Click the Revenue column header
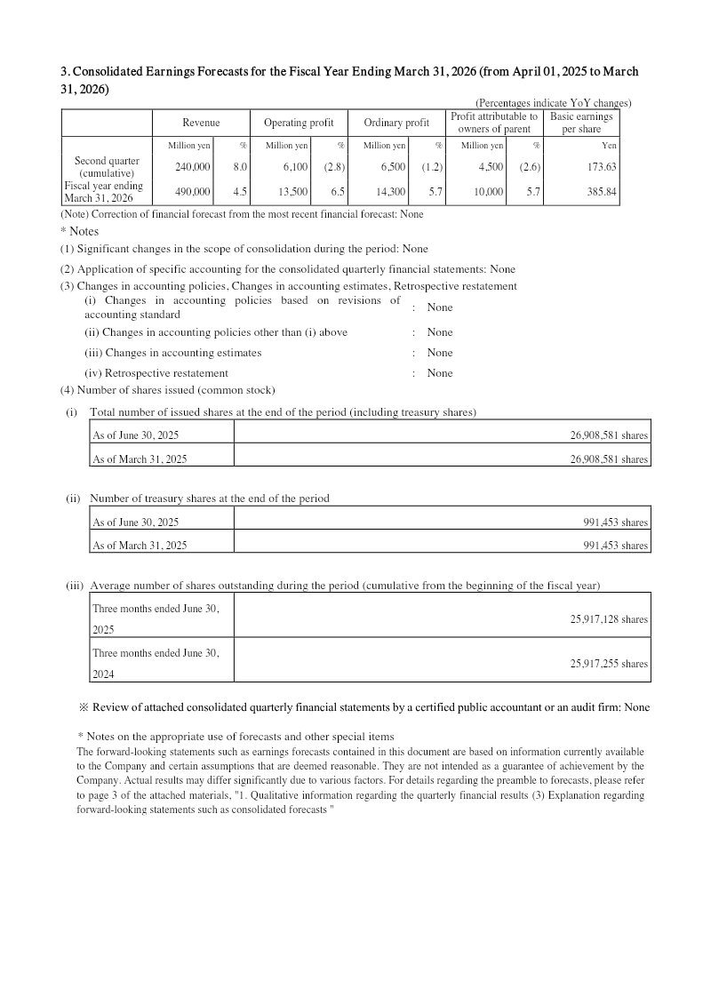click(x=201, y=123)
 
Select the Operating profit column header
click(x=299, y=123)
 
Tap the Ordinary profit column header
click(x=396, y=123)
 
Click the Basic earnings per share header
click(x=582, y=123)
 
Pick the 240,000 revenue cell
click(x=192, y=167)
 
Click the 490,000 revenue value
click(x=192, y=191)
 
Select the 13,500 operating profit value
click(x=293, y=191)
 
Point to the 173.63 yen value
click(x=602, y=167)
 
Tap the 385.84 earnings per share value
click(x=602, y=191)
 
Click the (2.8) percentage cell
click(x=334, y=167)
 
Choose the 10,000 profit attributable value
click(x=488, y=191)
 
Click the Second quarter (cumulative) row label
click(x=106, y=167)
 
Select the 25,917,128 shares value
click(x=609, y=619)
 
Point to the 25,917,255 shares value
click(x=609, y=664)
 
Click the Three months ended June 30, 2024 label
click(x=156, y=663)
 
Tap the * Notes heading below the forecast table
click(x=79, y=231)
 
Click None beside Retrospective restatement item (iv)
click(x=440, y=373)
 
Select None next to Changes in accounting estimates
click(x=440, y=353)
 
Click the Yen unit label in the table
click(x=609, y=146)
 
